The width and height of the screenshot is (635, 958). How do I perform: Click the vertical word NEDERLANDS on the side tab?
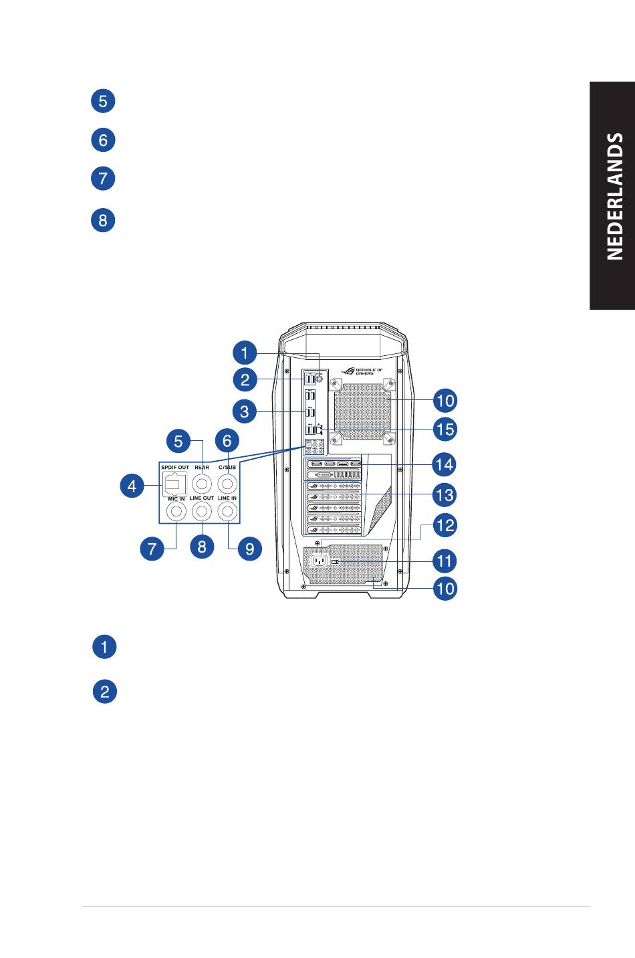614,196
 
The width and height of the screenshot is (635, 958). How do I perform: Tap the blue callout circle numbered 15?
445,429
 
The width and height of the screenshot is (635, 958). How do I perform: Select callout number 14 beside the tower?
444,464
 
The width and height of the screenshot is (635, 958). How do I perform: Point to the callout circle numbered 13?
444,495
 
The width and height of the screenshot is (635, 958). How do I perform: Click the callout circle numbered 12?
445,525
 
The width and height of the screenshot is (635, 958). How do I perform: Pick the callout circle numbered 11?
444,561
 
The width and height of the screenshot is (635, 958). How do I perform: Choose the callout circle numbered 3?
245,411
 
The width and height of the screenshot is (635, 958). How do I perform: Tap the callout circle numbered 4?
132,486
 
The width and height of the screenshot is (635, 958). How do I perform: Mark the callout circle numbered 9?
249,549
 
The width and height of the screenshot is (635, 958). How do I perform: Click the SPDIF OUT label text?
174,468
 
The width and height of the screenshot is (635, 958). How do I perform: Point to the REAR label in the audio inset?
202,468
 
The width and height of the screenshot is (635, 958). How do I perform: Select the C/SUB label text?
227,468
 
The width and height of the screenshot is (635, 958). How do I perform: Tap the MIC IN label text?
176,498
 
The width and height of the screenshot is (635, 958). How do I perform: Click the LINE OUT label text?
202,498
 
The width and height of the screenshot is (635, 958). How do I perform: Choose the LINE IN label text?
227,498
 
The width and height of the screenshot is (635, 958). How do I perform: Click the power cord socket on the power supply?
319,561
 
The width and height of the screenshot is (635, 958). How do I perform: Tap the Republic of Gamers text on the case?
369,371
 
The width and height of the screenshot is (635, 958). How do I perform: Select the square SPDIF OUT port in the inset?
174,484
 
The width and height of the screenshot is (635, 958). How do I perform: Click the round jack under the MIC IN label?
176,511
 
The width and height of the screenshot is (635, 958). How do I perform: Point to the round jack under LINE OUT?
202,511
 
